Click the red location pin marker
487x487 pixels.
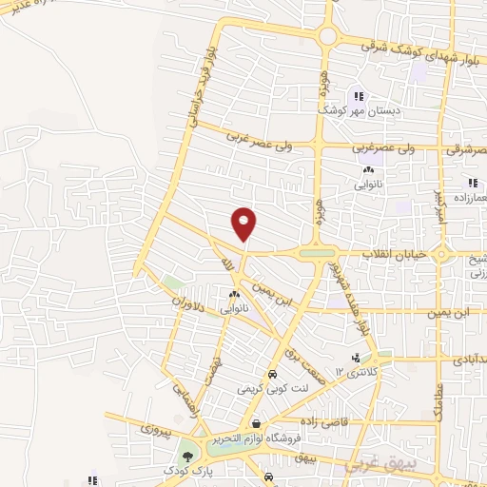tap(244, 223)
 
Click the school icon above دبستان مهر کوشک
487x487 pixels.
tap(359, 95)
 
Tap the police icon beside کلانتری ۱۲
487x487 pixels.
tap(356, 359)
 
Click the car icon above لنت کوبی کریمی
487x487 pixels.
tap(273, 375)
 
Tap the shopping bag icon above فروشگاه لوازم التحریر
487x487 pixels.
tap(256, 422)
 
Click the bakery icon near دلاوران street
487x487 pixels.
tap(233, 295)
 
